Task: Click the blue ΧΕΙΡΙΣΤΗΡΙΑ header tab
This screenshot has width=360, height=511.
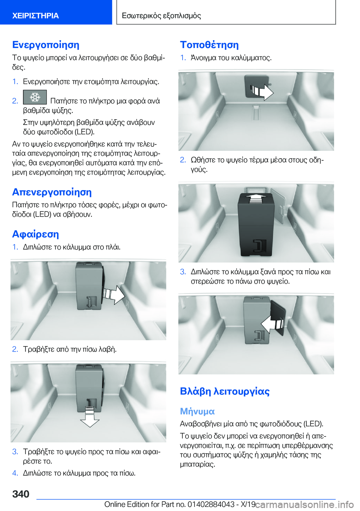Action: [x=56, y=12]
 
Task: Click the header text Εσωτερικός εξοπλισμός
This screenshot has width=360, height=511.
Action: [x=161, y=16]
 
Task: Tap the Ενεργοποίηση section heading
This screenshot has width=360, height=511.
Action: [x=46, y=45]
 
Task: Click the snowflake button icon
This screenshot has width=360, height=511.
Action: [x=35, y=97]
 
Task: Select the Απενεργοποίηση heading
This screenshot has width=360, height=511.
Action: [x=52, y=192]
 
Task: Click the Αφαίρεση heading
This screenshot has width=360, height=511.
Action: [x=35, y=234]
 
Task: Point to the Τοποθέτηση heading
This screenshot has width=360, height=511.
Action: [x=209, y=45]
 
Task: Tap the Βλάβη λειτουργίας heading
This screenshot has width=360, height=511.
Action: [x=225, y=391]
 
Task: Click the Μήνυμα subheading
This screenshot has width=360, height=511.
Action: [x=198, y=411]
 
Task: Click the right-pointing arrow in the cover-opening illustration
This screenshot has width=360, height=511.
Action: [x=262, y=91]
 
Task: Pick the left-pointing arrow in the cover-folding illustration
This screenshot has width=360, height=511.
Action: [x=273, y=324]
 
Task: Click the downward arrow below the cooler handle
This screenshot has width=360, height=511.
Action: [x=90, y=417]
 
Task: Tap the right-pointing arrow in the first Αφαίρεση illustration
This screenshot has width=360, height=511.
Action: [x=114, y=295]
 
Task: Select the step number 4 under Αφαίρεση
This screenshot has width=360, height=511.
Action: [x=15, y=473]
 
